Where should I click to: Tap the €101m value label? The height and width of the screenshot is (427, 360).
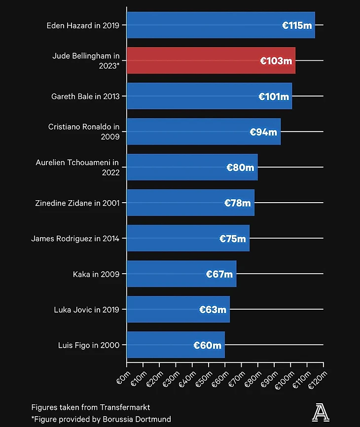coord(274,97)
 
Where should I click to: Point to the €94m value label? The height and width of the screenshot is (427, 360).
coord(263,132)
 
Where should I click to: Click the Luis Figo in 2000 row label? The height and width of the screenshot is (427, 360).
coord(89,345)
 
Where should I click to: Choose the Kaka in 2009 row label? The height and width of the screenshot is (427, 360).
coord(96,274)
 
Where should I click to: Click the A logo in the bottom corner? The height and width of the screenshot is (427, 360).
coord(321,412)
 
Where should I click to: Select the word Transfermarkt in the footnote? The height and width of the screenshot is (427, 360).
coord(125,407)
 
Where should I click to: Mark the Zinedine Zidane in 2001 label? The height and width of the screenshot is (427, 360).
coord(77,203)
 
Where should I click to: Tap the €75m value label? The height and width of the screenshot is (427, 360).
coord(232,239)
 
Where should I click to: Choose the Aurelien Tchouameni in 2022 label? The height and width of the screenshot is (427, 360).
coord(77,167)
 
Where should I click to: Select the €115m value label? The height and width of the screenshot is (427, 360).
coord(297,26)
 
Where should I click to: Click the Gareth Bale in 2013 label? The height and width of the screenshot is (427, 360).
coord(85,97)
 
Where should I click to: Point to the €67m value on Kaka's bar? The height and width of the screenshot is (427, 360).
coord(219,274)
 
